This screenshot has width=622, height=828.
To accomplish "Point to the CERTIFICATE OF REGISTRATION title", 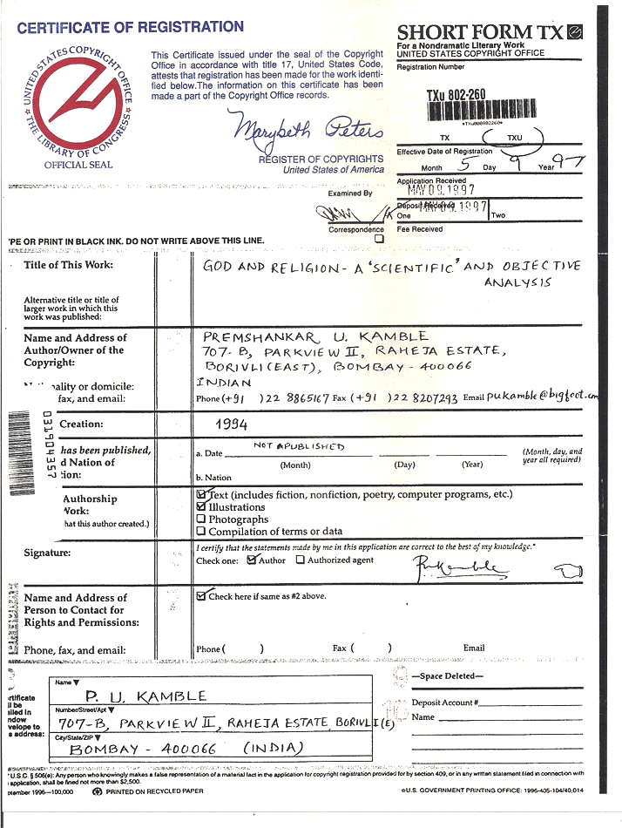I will point(130,27).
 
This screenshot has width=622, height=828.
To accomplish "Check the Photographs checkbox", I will point(201,519).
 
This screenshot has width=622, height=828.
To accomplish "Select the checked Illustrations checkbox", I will point(201,506).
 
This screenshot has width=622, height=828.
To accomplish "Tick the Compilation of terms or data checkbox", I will point(201,532).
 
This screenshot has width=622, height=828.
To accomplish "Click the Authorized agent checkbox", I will point(301,560).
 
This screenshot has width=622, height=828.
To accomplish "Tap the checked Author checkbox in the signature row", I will point(252,560).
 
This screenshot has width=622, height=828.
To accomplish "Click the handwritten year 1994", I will point(231,424).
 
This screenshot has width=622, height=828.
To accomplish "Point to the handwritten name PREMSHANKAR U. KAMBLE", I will point(315,336).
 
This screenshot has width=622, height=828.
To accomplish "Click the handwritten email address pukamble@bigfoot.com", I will point(543,397).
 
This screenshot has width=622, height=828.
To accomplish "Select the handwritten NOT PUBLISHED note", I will point(300,446).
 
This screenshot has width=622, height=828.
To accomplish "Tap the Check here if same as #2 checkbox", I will point(201,596).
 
